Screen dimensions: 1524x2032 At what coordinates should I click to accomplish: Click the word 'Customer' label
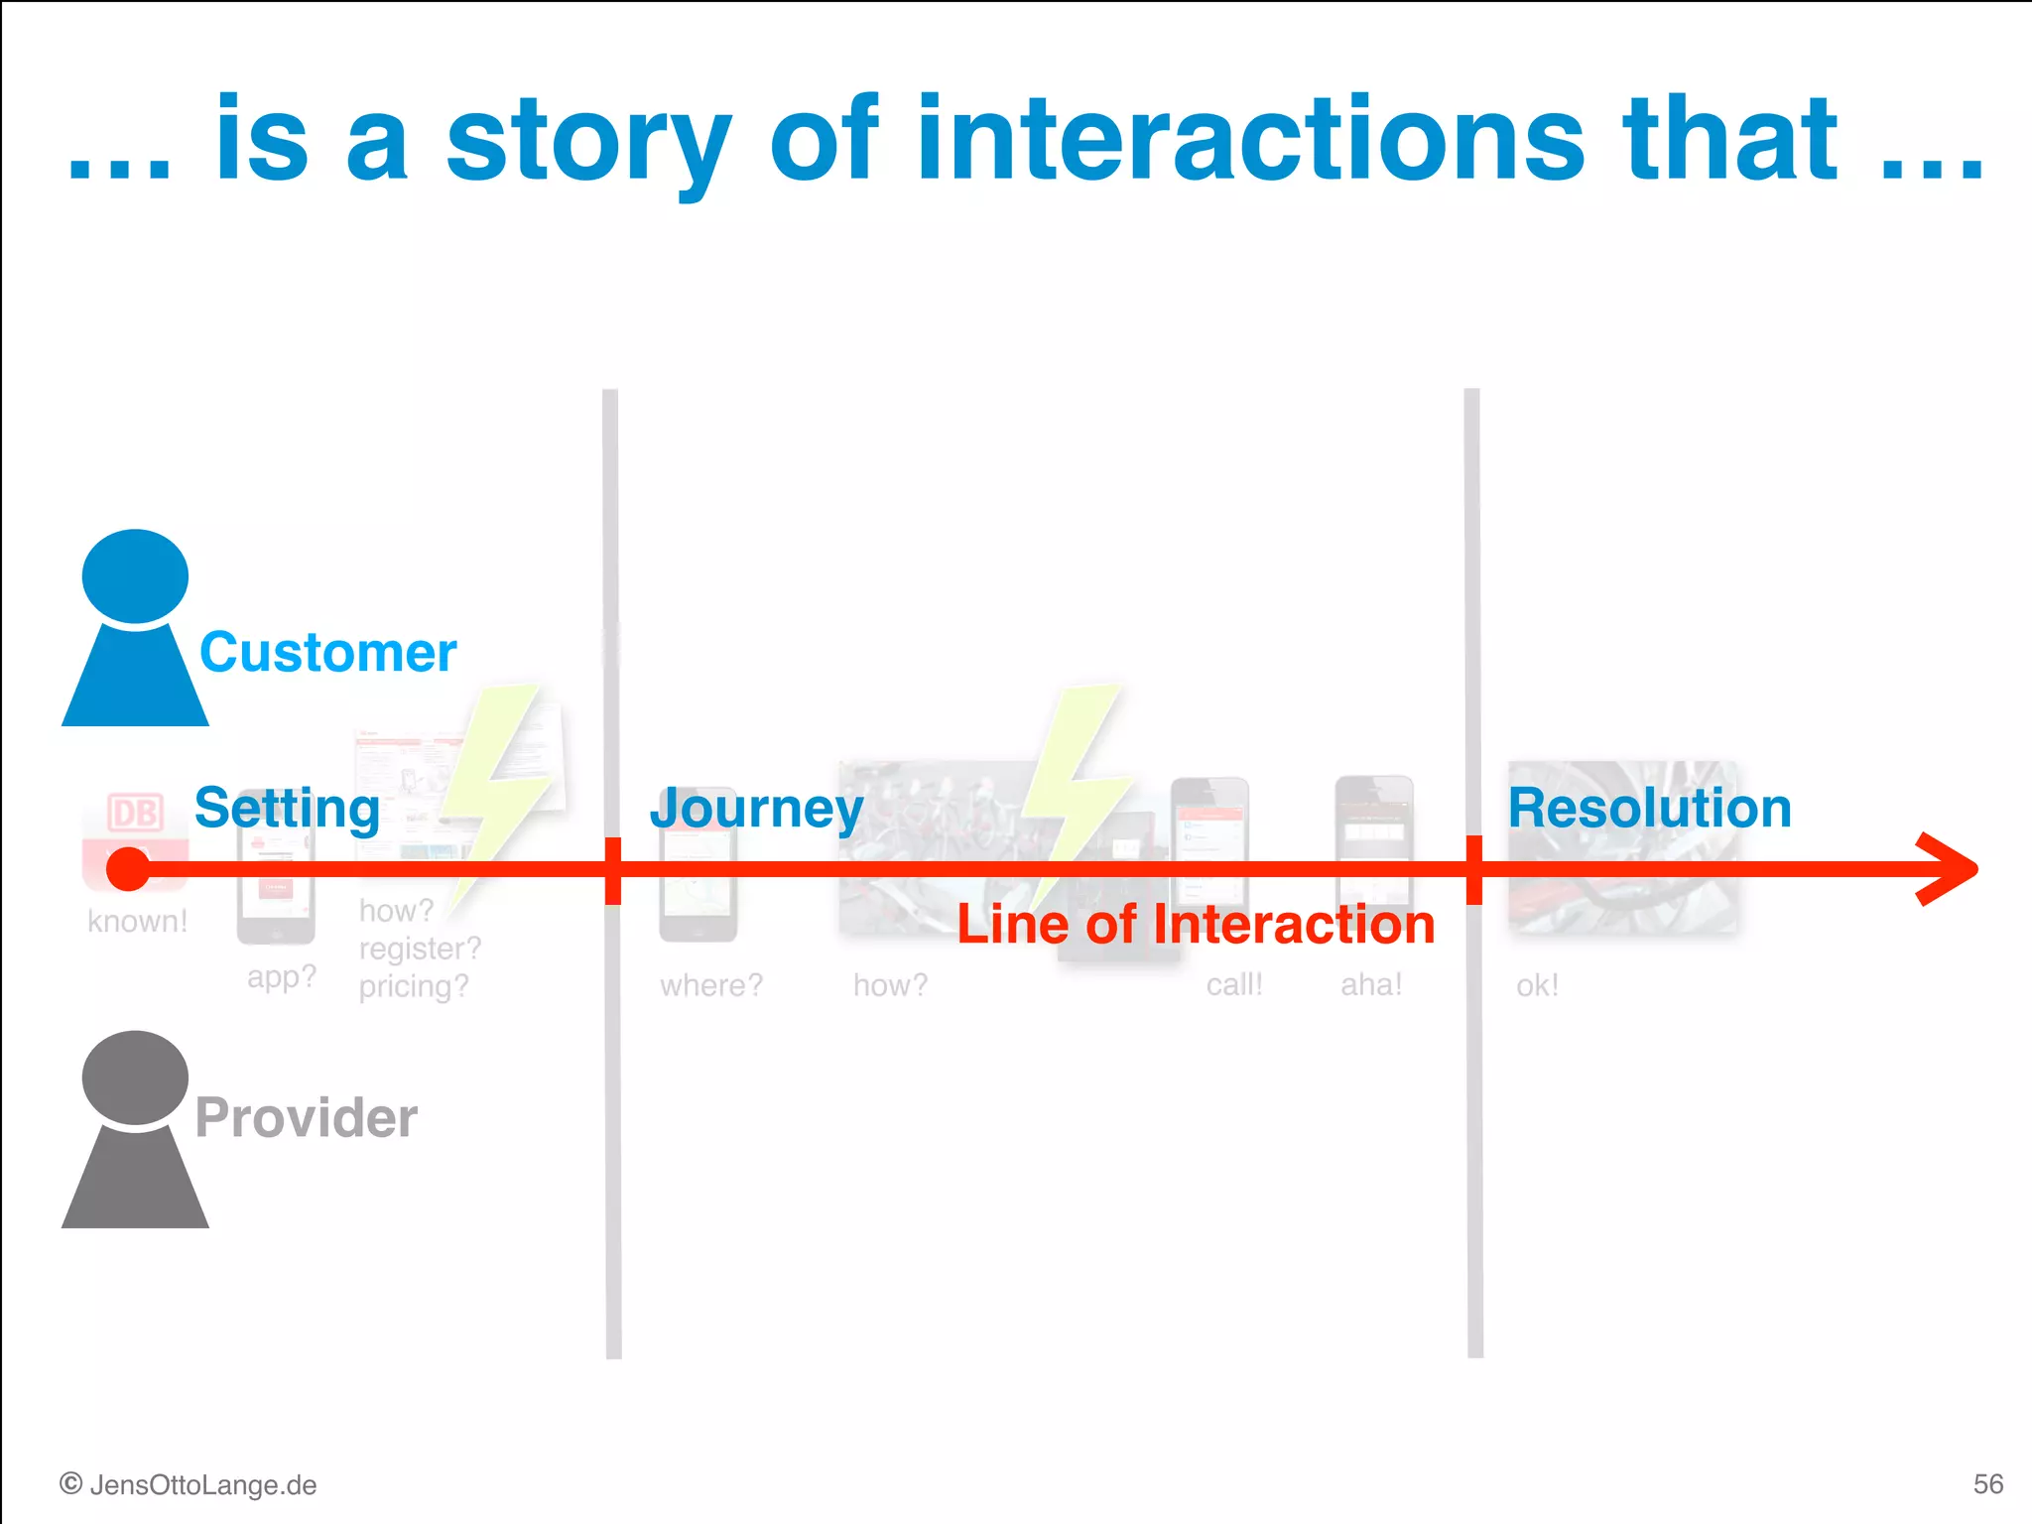tap(327, 653)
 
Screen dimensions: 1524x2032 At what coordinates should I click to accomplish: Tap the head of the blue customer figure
tap(135, 576)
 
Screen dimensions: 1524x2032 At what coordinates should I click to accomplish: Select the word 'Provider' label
tap(306, 1117)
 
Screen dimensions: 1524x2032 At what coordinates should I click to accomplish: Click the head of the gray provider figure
tap(135, 1078)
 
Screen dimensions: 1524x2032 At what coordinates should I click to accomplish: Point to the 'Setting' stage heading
tap(287, 808)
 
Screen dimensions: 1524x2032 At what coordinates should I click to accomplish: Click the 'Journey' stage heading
tap(756, 808)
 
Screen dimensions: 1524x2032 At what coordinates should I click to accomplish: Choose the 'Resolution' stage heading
tap(1649, 808)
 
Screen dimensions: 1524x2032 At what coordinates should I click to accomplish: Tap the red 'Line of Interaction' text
tap(1196, 925)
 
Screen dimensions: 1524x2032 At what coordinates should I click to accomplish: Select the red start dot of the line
tap(128, 869)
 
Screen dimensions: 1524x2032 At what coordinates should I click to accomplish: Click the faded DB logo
tap(135, 814)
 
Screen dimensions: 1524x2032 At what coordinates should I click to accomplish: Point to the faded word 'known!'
tap(137, 921)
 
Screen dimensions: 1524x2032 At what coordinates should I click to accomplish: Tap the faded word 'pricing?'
tap(413, 986)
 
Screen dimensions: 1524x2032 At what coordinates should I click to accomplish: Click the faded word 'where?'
tap(711, 985)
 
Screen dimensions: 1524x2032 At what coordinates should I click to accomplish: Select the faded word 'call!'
tap(1234, 984)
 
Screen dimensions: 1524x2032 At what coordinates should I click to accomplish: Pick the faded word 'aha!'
tap(1371, 984)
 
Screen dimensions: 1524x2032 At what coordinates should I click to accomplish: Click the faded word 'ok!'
tap(1537, 985)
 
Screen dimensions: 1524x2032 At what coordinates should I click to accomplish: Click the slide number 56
tap(1987, 1483)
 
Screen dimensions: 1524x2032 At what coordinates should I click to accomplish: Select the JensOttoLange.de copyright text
tap(189, 1484)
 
